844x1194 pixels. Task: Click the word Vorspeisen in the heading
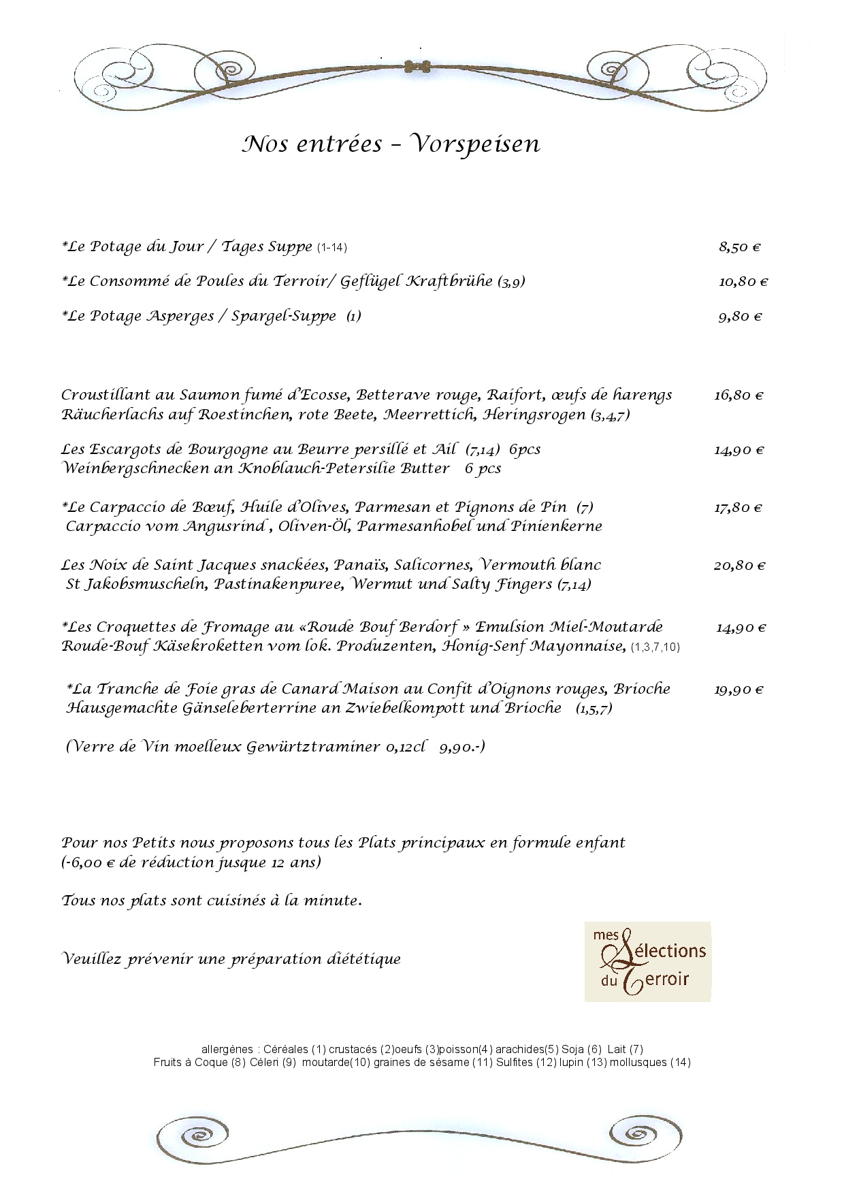click(476, 144)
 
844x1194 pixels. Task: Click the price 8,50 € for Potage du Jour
click(739, 247)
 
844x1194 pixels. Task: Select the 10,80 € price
click(743, 282)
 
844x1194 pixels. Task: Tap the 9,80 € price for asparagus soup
click(740, 317)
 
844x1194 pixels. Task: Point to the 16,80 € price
click(738, 396)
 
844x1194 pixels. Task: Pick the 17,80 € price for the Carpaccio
click(738, 508)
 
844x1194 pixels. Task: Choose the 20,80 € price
click(739, 566)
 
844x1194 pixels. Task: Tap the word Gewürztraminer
click(313, 747)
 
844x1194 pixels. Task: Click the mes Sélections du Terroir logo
click(647, 961)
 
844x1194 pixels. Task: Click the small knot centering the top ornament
click(417, 67)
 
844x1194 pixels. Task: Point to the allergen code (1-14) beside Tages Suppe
click(331, 248)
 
